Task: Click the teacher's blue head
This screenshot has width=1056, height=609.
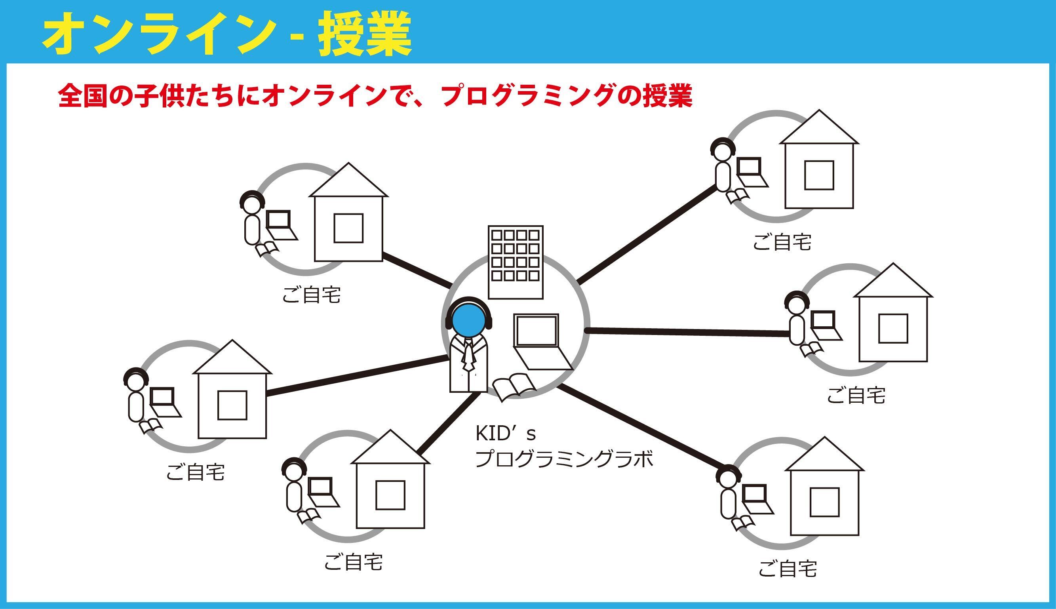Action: point(468,320)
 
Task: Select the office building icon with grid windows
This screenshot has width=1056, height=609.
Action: point(515,262)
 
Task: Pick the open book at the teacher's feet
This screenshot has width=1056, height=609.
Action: point(514,387)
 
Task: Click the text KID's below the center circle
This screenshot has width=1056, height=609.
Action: point(505,434)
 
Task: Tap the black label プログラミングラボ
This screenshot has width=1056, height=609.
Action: point(564,460)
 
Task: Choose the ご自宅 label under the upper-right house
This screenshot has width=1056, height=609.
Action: point(782,243)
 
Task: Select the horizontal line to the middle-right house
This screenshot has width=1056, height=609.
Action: point(686,332)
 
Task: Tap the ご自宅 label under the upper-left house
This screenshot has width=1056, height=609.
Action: point(311,295)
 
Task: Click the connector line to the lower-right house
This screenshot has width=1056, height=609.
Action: point(640,426)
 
